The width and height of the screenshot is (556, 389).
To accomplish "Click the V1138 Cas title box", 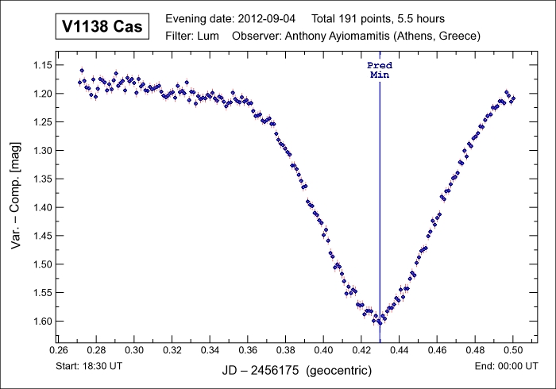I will [103, 27].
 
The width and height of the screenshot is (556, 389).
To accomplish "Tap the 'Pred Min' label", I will [380, 70].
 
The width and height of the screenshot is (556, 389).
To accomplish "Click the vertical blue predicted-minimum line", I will [380, 198].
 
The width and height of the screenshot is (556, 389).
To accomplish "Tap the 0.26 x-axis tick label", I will [59, 349].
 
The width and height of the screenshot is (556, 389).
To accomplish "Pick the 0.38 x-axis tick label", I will [286, 349].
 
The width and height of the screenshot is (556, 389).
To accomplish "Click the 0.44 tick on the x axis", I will [399, 349].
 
